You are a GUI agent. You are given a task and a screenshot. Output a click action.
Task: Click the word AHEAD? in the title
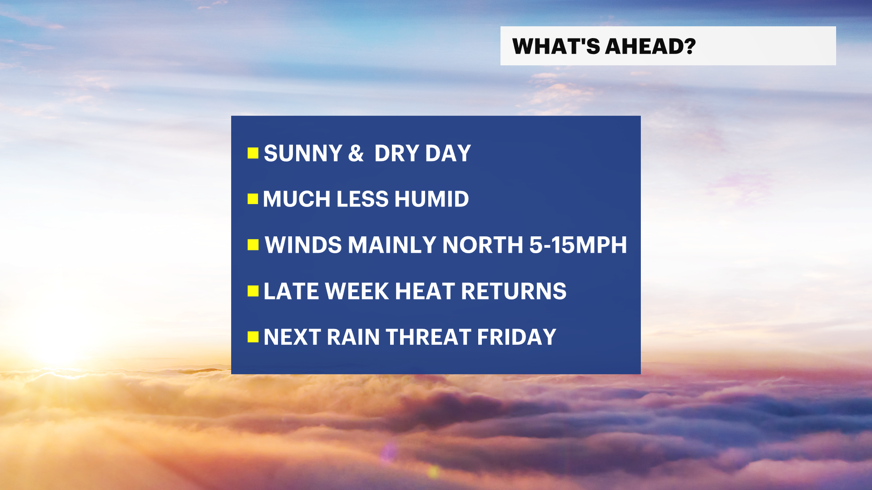coord(650,46)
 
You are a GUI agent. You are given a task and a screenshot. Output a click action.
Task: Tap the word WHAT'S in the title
coord(556,46)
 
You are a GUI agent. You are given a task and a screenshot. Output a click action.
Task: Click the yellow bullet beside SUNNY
coord(253,153)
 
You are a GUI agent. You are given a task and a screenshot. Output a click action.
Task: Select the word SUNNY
coord(303,153)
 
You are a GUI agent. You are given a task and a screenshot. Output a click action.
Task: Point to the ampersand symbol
coord(356,153)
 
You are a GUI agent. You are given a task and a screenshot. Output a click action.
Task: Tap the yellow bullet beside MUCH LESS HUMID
coord(253,199)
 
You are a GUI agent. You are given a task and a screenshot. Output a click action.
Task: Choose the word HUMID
coord(431,199)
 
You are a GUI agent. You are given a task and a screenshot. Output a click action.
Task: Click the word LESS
coord(362,199)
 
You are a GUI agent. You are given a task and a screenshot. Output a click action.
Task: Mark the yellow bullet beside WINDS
coord(253,245)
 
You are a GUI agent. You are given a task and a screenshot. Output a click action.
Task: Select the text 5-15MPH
coord(578,245)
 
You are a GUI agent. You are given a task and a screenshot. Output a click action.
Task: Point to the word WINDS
coord(303,245)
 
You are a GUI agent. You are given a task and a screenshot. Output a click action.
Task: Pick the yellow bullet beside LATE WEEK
coord(253,291)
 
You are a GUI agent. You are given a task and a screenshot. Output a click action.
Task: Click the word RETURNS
coord(514,291)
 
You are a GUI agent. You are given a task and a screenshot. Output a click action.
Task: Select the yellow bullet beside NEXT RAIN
coord(253,337)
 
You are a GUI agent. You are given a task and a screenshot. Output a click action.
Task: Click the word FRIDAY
coord(517,337)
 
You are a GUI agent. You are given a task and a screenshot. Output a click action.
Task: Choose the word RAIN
coord(353,337)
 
